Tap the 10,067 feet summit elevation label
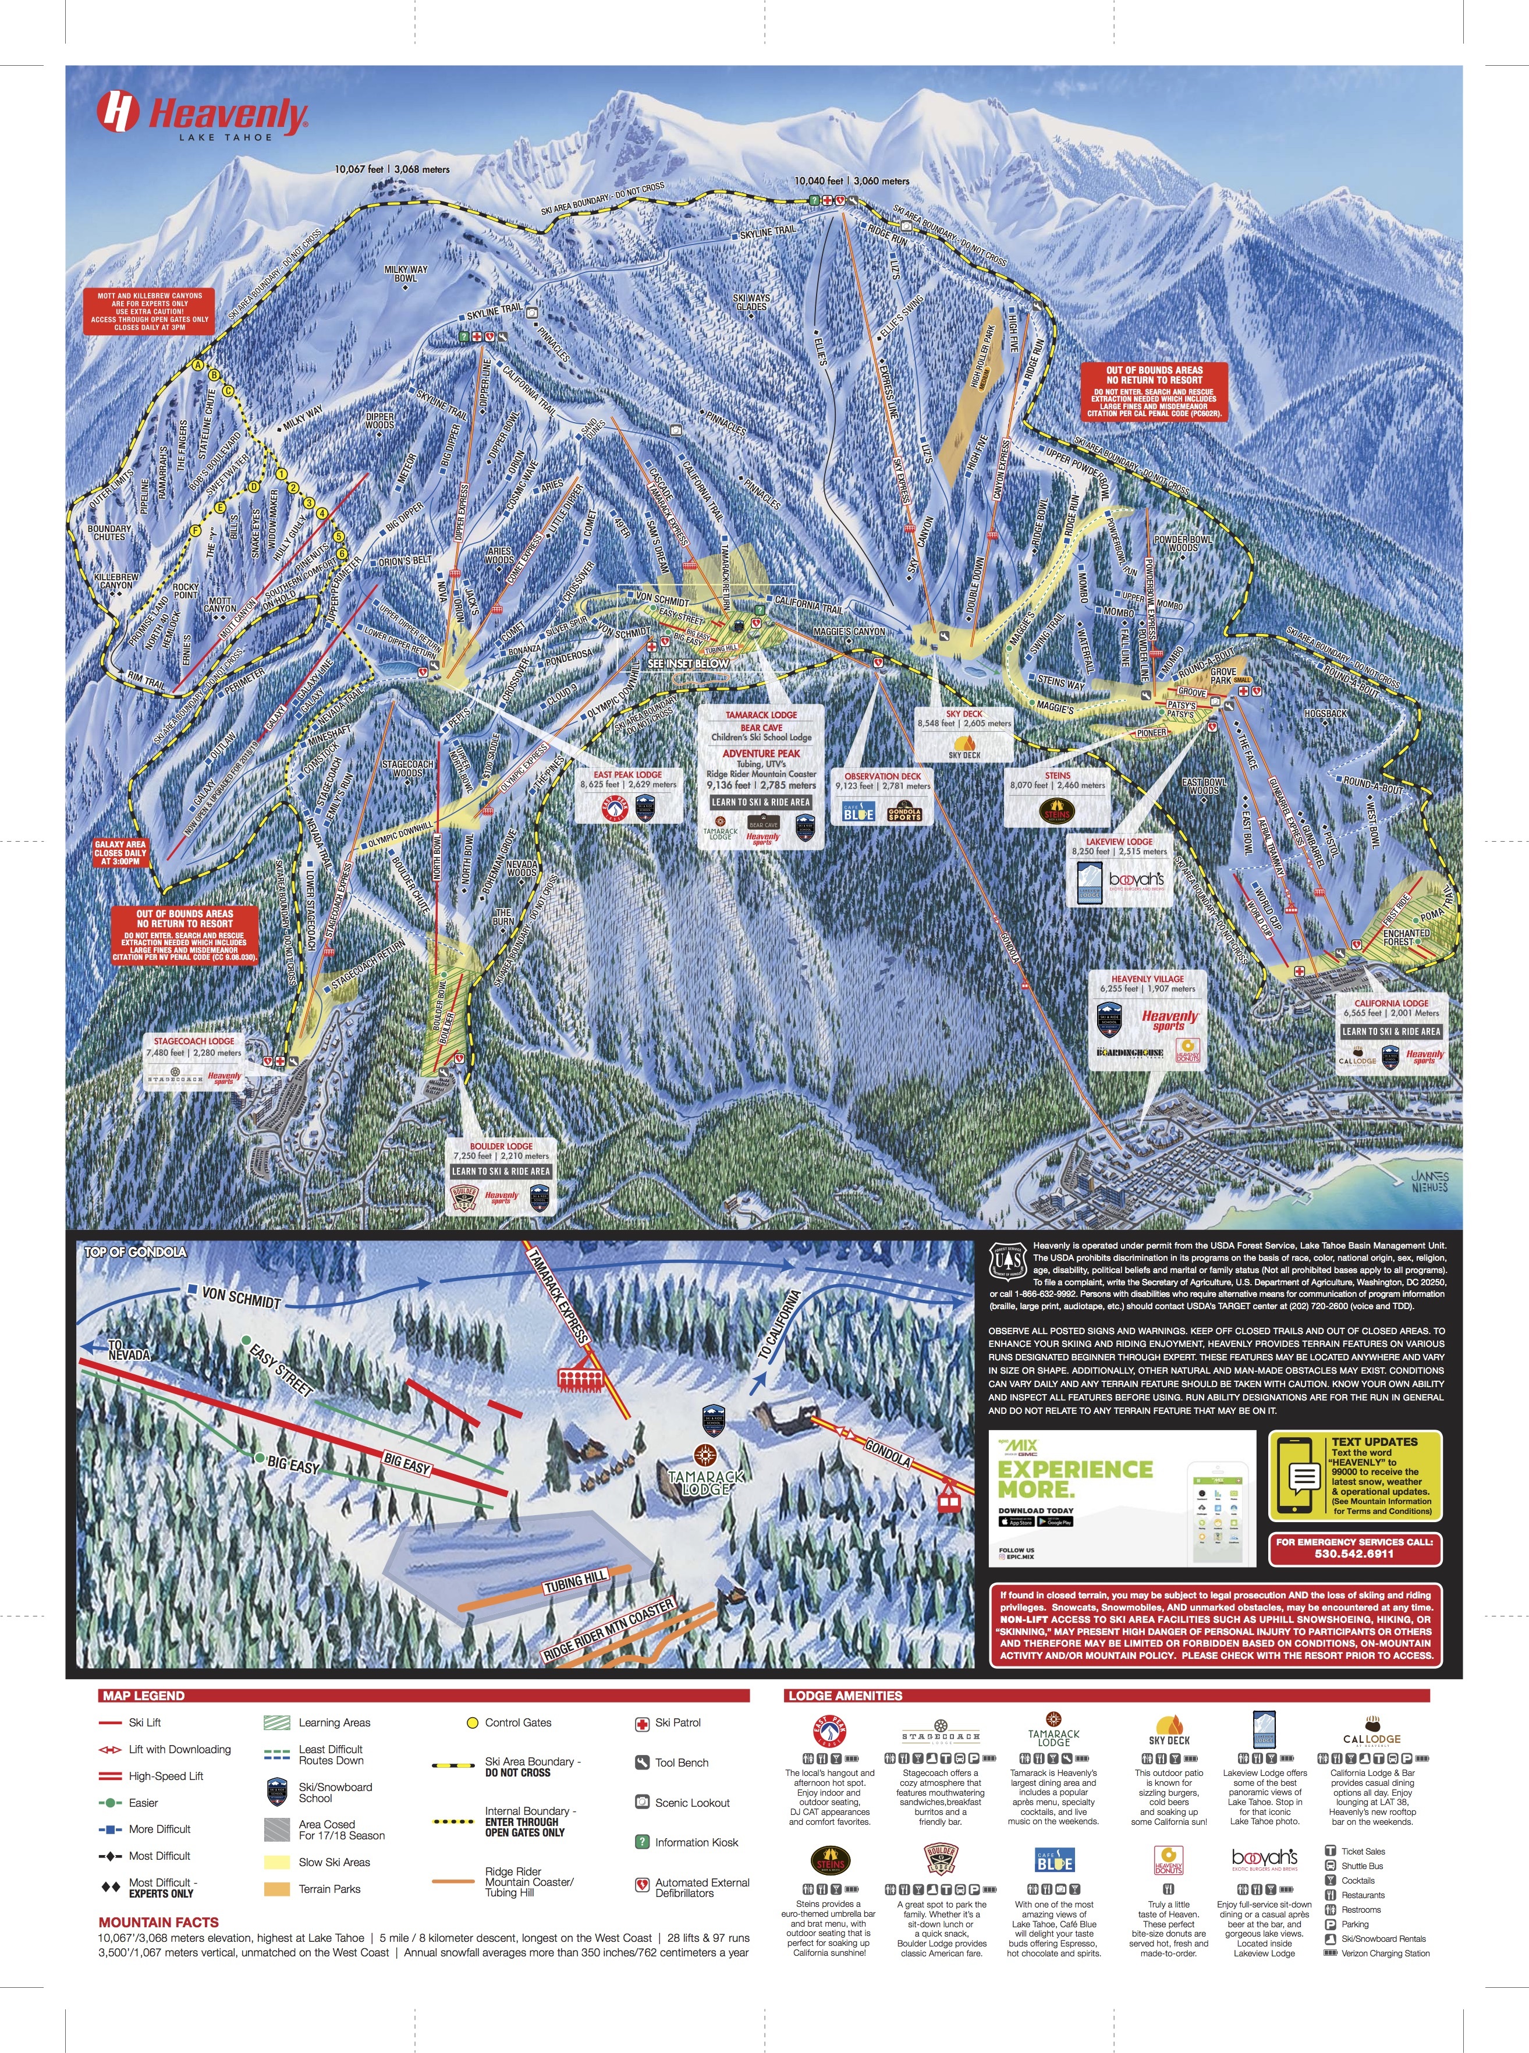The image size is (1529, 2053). click(x=392, y=169)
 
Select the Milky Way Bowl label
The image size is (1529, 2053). click(x=406, y=273)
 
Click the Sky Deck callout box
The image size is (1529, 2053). click(x=964, y=733)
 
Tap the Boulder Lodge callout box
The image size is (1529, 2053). click(x=501, y=1176)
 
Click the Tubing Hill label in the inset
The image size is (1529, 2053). click(x=575, y=1583)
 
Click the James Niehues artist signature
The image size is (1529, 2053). click(x=1429, y=1181)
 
